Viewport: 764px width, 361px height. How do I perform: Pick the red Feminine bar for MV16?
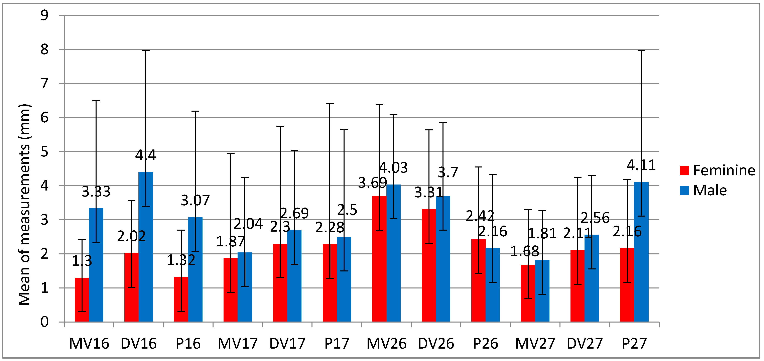tap(82, 299)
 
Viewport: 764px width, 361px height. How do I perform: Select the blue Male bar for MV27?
tap(542, 291)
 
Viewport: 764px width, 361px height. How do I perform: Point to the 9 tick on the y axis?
tap(44, 15)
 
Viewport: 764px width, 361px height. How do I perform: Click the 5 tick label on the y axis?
tap(44, 152)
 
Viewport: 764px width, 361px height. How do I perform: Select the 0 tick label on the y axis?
tap(44, 322)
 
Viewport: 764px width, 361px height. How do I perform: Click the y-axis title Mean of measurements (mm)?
tap(24, 205)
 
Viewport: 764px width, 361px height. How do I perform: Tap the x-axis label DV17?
tap(287, 344)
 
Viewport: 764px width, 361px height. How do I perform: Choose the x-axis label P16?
tap(188, 344)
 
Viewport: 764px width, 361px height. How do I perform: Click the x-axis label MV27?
tap(535, 344)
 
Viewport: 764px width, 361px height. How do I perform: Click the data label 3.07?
tap(195, 201)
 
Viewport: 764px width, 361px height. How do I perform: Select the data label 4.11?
tap(641, 165)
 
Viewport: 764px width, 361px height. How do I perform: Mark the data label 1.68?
tap(524, 252)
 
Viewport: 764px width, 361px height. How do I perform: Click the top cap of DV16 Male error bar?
tap(146, 51)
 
